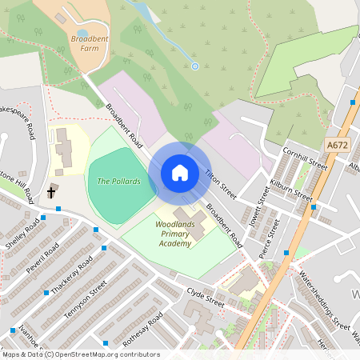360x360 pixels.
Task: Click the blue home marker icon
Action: (180, 172)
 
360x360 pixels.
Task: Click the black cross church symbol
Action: (52, 192)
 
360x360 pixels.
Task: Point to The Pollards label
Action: (118, 182)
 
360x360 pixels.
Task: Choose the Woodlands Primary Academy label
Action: (174, 235)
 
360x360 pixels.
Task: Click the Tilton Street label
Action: (221, 183)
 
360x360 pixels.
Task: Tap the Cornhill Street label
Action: (306, 157)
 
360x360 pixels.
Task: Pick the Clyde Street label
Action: (206, 297)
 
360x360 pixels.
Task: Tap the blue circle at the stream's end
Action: (194, 66)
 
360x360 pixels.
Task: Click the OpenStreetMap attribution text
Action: (80, 354)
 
